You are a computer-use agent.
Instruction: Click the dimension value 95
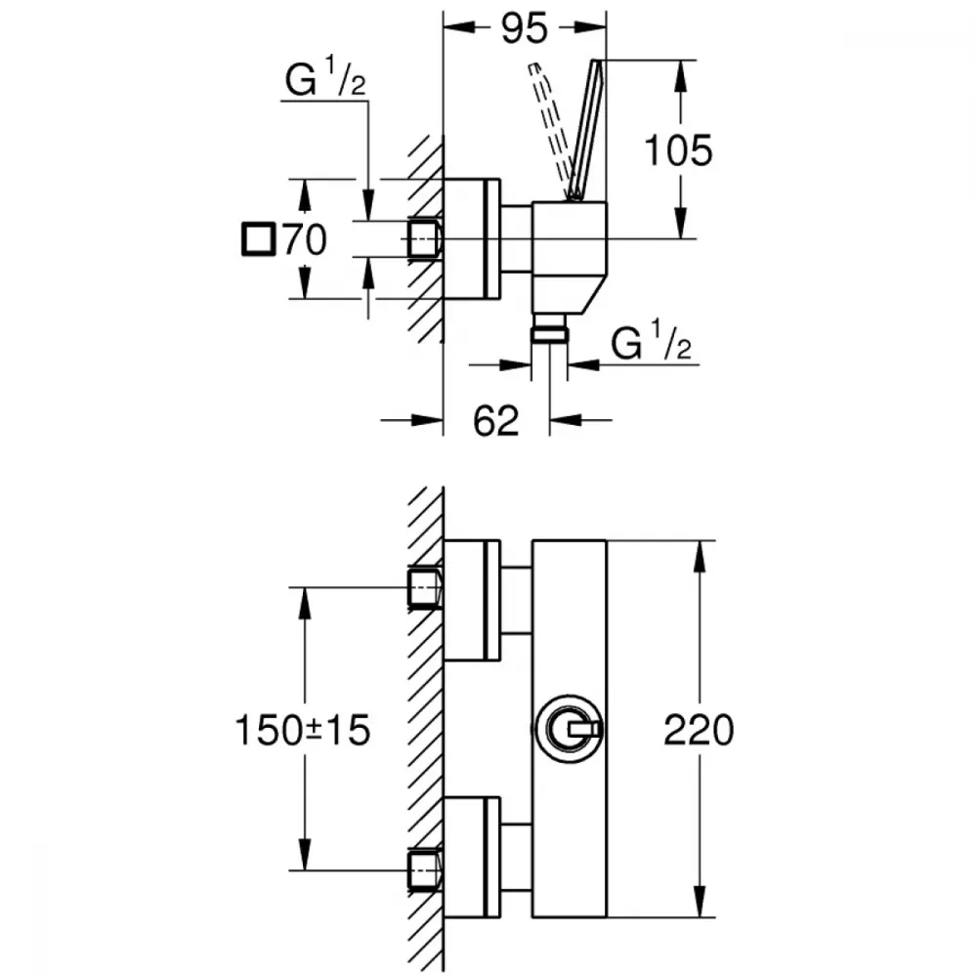tap(526, 29)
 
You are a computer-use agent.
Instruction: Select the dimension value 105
tap(679, 150)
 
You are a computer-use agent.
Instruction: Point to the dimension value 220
tap(698, 730)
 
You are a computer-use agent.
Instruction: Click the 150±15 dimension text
tap(303, 730)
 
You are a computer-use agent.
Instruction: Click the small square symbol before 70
tap(258, 239)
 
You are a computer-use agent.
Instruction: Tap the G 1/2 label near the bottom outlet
tap(651, 344)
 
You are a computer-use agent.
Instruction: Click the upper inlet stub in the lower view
tap(425, 587)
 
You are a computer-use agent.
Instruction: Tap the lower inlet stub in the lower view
tap(425, 870)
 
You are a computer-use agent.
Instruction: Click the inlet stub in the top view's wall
tap(425, 237)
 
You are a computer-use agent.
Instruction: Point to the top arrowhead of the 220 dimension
tap(698, 551)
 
